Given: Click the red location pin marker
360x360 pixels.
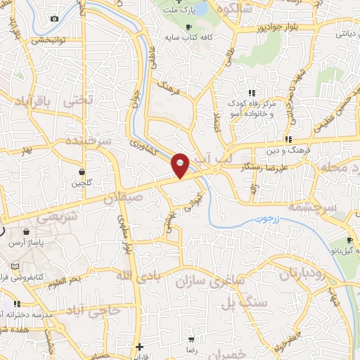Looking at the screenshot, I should tap(181, 165).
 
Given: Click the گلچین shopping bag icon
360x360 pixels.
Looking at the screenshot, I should tap(82, 172).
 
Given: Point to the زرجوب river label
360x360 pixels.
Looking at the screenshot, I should tap(266, 219).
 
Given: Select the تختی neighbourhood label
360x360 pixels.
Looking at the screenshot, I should tap(78, 101).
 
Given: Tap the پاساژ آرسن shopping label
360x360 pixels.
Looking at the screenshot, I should tap(25, 243).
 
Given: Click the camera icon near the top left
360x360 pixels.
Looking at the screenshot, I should tap(55, 18).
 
